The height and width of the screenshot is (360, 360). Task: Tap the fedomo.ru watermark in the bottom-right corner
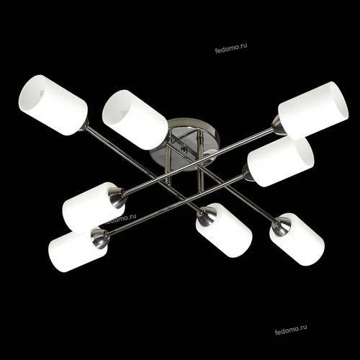point(291,330)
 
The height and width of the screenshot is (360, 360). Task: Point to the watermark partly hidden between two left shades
point(121,218)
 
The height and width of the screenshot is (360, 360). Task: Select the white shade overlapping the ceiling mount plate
point(135,120)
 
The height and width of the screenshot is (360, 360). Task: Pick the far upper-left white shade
point(53,105)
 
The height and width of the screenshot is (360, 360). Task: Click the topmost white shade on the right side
point(313,110)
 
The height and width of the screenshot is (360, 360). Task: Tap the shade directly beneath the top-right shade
point(281,161)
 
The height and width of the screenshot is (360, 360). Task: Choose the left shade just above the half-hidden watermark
point(92,205)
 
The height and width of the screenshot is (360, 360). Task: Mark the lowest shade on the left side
point(76,250)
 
